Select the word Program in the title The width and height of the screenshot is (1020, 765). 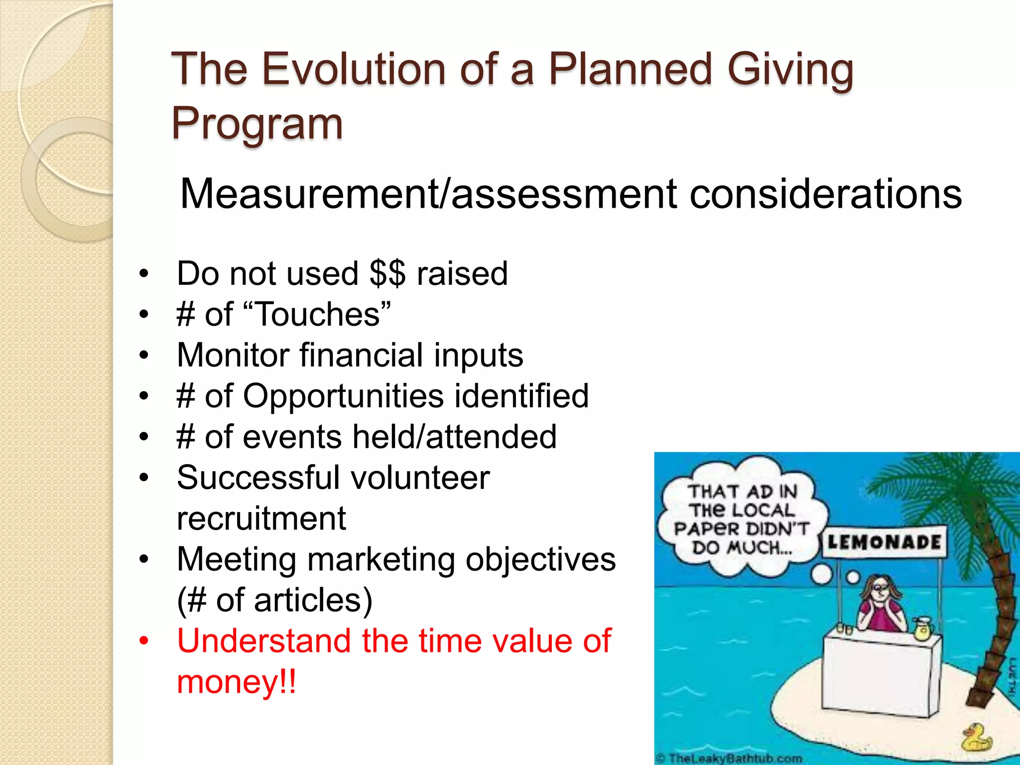[x=257, y=124]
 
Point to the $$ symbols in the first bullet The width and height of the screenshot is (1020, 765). [x=387, y=273]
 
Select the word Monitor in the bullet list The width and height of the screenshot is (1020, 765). [x=233, y=355]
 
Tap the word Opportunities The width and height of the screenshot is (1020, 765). [x=343, y=396]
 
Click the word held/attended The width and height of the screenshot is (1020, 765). [x=454, y=437]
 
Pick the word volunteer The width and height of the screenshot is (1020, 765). [x=420, y=478]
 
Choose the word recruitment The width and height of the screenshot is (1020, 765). [x=261, y=518]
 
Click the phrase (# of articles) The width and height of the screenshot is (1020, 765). [x=274, y=600]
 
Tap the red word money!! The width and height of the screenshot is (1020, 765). [x=237, y=682]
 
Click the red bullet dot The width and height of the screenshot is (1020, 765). [x=144, y=641]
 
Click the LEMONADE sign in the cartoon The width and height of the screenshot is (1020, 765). [x=884, y=542]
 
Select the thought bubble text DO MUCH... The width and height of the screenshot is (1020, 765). [x=741, y=548]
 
